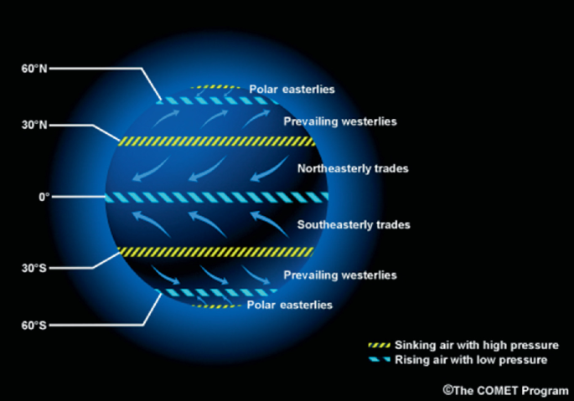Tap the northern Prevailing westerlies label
(339, 122)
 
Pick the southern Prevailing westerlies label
(339, 275)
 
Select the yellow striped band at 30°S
(215, 251)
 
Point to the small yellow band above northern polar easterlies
(216, 87)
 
